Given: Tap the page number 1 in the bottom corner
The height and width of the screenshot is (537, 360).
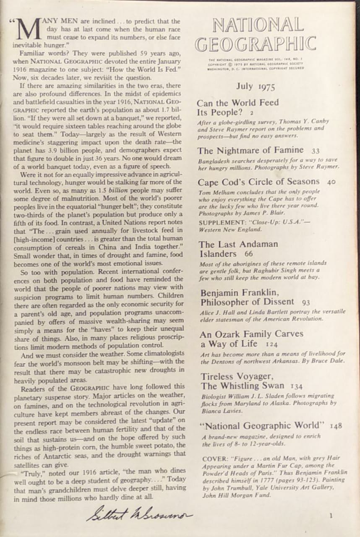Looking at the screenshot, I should [331, 516].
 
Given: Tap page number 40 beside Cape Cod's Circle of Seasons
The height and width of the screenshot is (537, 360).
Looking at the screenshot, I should [331, 182].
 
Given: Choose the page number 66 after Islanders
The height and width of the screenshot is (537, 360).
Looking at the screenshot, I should [249, 254].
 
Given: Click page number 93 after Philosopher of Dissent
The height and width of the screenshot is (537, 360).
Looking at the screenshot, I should [306, 302].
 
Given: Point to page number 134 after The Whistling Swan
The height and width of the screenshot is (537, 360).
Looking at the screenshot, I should [296, 386].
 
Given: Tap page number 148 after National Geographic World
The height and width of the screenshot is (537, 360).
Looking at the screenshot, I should [336, 426].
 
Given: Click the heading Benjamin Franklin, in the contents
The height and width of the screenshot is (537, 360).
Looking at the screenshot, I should [240, 292].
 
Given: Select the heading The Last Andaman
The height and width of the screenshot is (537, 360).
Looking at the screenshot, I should [238, 244].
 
